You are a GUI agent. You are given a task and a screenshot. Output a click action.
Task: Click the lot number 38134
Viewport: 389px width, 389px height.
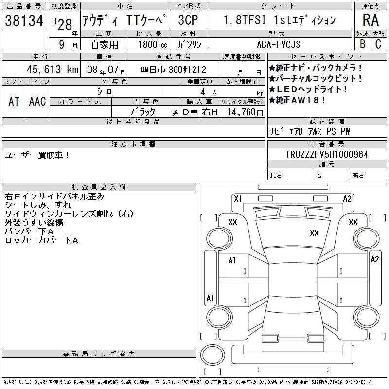click(24, 20)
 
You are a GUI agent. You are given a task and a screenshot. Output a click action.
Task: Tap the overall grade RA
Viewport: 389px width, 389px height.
click(371, 20)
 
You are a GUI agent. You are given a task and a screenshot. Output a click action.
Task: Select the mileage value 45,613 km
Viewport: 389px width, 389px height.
click(53, 69)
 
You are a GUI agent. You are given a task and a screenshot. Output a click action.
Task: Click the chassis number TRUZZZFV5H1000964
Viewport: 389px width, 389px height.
click(327, 154)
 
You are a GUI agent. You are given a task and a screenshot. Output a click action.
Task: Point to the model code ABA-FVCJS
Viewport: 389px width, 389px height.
click(279, 44)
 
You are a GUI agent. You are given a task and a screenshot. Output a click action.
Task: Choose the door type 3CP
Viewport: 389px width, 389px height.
click(188, 20)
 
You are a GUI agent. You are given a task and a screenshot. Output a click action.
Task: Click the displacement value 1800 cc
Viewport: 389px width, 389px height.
click(153, 44)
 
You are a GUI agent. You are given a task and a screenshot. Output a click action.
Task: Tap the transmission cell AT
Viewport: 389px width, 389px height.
click(14, 102)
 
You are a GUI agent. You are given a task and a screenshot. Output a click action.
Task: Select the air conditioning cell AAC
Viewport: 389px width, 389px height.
click(37, 102)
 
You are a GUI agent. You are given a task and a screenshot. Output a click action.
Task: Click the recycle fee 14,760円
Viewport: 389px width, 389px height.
click(245, 112)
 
